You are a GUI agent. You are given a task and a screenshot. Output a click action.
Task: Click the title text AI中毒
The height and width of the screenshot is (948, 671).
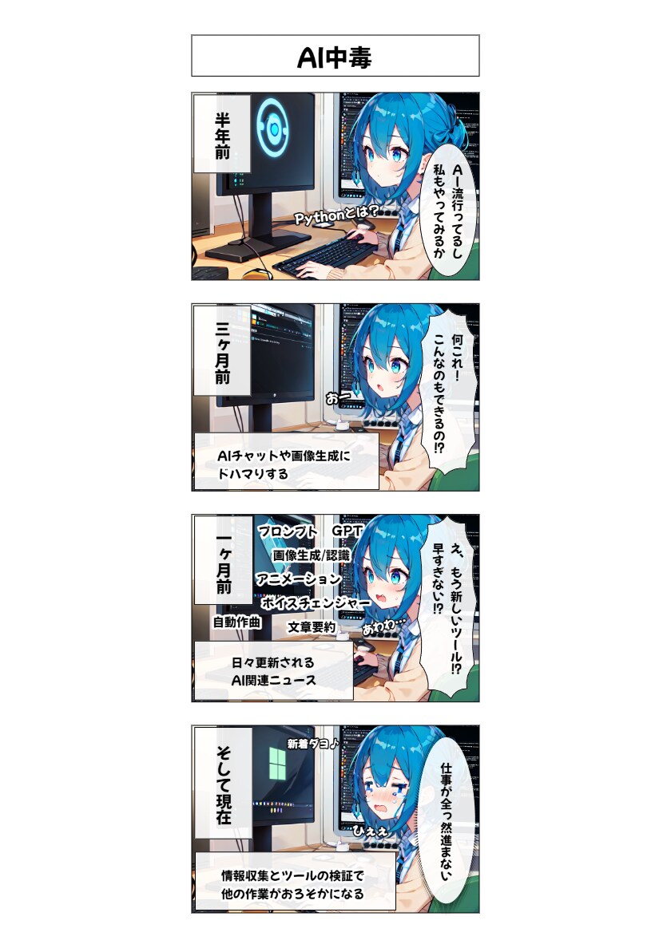(335, 57)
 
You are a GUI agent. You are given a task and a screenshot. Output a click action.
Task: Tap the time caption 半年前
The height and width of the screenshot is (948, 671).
(222, 136)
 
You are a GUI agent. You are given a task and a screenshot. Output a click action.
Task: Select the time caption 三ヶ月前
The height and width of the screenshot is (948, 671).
(222, 353)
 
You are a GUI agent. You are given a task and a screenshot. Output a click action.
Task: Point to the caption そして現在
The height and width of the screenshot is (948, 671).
(223, 784)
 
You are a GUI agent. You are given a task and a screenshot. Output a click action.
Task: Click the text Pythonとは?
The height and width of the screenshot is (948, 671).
(338, 215)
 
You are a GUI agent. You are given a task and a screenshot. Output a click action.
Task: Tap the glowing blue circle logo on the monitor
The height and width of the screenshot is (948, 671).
(273, 128)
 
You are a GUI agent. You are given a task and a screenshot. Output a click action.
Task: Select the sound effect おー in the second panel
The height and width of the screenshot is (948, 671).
(338, 398)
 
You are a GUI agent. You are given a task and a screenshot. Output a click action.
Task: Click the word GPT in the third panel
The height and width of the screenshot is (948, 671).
(347, 531)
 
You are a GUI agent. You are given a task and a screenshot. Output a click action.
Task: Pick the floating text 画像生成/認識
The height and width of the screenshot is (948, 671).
(311, 555)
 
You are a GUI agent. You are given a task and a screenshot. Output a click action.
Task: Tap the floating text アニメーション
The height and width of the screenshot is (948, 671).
(299, 579)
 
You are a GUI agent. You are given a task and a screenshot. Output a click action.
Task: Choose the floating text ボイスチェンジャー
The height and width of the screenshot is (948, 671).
(316, 602)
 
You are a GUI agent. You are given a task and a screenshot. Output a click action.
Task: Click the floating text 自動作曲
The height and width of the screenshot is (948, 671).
(236, 622)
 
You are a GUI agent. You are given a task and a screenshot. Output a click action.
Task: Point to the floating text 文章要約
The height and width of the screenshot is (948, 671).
(311, 627)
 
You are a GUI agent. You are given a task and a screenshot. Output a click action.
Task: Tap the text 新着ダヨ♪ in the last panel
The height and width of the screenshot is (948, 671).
(312, 744)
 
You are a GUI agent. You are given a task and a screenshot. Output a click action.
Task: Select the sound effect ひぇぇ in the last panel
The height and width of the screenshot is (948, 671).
(371, 831)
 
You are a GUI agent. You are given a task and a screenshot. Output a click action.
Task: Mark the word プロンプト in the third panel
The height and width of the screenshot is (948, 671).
(288, 531)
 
